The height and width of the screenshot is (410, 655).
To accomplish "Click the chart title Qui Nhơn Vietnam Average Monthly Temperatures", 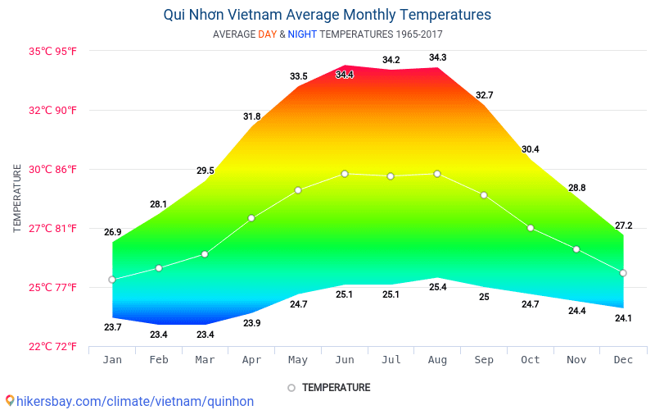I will coord(327,15).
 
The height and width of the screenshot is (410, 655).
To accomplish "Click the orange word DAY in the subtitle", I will coord(267,34).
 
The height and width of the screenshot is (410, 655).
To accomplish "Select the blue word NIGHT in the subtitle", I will coord(302,34).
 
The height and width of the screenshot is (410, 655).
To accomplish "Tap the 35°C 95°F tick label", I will coord(54,51).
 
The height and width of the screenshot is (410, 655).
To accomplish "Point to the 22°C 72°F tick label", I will coord(54,346).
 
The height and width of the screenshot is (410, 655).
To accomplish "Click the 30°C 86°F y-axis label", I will coord(54,169).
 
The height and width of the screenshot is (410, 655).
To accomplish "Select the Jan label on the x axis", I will coord(112,359).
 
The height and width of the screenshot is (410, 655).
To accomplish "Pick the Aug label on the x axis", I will coord(437,359).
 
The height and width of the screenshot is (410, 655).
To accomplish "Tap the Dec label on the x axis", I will coord(623,359).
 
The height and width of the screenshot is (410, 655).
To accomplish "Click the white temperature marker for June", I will coord(345,174).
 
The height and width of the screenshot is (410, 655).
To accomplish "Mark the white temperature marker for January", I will coord(112,280).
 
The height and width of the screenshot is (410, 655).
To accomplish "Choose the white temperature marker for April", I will coord(251,218).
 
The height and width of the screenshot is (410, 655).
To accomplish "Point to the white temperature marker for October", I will coord(531,228).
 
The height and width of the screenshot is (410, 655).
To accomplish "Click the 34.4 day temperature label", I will coord(345,75).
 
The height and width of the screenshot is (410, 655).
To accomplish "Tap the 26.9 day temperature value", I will coord(112,232).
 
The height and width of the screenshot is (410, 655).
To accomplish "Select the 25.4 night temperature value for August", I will coord(437,287).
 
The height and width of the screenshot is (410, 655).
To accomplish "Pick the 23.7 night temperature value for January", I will coord(112,327).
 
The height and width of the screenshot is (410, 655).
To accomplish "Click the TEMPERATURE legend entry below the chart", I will coord(336,387).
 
